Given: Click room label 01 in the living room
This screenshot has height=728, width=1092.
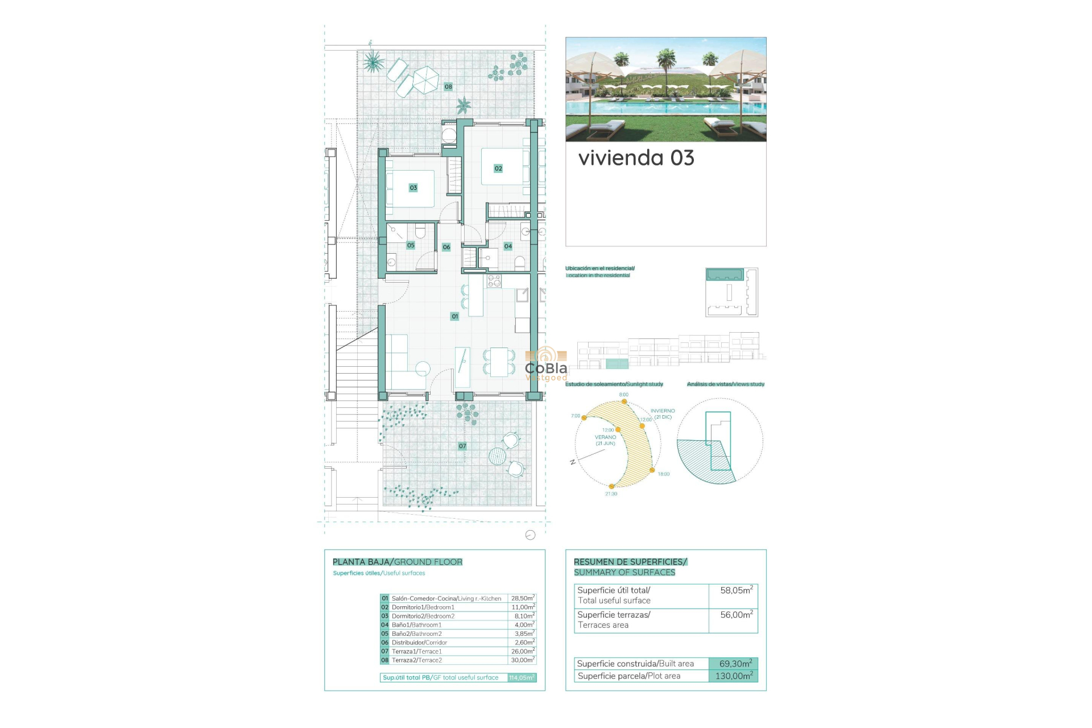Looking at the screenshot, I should [x=454, y=316].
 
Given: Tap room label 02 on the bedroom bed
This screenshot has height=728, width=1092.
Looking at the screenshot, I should [x=498, y=168].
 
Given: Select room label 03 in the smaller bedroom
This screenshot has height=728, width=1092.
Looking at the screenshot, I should [x=413, y=188].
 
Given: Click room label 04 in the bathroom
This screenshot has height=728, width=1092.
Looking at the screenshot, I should [x=508, y=246].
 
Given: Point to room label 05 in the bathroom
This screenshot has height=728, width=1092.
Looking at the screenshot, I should [x=411, y=245].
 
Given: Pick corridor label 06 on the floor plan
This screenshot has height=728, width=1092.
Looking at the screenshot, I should [x=446, y=247].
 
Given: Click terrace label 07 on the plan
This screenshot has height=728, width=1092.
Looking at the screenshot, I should [x=462, y=446].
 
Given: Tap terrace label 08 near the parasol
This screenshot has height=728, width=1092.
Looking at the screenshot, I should [x=448, y=86].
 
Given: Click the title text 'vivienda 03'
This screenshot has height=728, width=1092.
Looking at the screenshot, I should [x=636, y=158].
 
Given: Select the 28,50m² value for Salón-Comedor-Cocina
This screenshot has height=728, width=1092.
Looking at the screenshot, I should [x=522, y=598].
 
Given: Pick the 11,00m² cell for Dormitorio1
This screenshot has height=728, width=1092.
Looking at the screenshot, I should [x=522, y=607].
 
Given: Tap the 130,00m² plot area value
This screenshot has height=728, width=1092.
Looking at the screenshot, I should [x=734, y=676].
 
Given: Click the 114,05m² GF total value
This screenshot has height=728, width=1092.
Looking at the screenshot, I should [x=522, y=677].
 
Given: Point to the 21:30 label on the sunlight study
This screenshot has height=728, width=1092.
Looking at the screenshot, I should [x=611, y=494].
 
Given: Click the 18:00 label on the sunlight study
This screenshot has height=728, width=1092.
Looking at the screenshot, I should [x=663, y=474].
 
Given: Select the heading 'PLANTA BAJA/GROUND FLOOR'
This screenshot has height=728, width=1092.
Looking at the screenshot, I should [x=397, y=562].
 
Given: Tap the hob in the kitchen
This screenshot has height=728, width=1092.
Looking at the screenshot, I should [x=494, y=280].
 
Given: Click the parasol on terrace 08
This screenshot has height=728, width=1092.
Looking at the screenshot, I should [x=425, y=79].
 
